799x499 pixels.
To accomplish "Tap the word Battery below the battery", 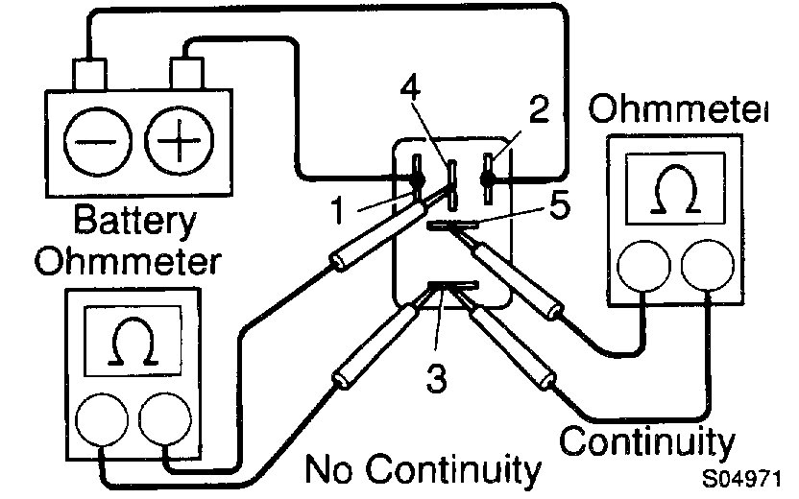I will [135, 223].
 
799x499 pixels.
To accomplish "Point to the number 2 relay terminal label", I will [538, 109].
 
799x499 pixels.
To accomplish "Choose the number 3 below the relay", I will [438, 379].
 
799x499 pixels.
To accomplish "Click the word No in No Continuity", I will [332, 471].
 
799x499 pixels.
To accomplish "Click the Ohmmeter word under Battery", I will [129, 261].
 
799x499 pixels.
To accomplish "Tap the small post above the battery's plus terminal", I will [185, 71].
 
